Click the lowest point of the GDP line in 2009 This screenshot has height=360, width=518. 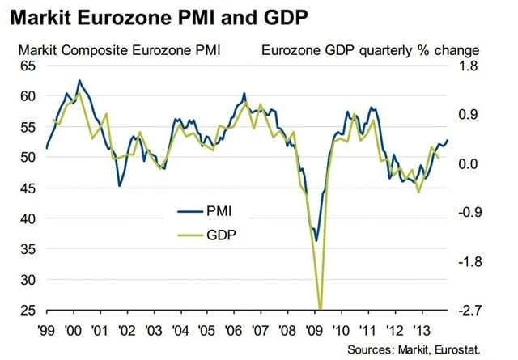321,309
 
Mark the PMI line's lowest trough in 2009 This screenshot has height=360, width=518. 316,240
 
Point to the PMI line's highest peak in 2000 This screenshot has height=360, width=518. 79,80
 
